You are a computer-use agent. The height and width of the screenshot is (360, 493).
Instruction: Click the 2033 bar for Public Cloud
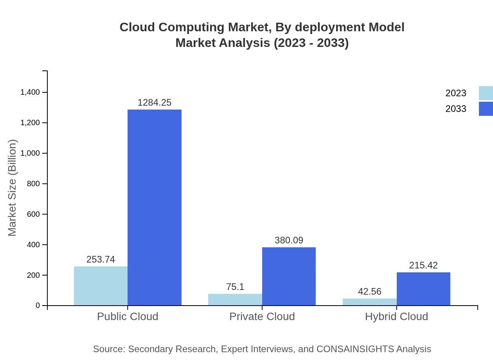[155, 207]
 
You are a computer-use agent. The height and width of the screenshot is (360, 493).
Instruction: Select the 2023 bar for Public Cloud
[101, 286]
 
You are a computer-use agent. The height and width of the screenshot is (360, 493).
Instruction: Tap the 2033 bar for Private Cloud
[289, 276]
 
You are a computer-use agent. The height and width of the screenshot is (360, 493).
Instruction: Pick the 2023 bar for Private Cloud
[235, 299]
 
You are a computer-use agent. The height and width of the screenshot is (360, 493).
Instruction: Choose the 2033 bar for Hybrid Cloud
[423, 289]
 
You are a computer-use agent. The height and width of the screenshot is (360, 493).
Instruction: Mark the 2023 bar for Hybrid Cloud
[369, 302]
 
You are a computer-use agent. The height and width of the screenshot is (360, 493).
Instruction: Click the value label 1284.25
[155, 103]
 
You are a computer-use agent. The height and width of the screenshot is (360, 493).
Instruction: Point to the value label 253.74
[101, 259]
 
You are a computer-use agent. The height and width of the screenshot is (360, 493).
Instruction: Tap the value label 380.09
[289, 240]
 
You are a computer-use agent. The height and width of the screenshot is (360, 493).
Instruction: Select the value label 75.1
[235, 287]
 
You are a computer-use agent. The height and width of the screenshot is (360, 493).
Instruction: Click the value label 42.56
[369, 292]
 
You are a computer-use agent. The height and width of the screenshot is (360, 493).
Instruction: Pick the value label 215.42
[423, 265]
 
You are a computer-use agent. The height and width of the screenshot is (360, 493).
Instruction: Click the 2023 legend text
[456, 93]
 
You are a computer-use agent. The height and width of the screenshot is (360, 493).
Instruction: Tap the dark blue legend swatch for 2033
[486, 109]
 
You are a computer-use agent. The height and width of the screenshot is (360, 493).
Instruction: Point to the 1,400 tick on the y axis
[30, 92]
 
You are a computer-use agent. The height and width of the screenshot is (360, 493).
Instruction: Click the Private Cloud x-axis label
[262, 316]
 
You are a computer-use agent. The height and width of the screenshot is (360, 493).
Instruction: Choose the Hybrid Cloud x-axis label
[396, 316]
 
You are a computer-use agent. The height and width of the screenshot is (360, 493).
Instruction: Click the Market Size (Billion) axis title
[12, 188]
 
